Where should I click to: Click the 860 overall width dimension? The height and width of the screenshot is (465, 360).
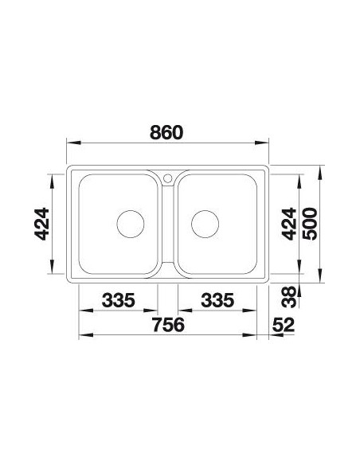click(166, 132)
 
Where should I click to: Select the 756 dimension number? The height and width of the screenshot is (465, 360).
click(168, 324)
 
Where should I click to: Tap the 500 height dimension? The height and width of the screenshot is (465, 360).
click(310, 224)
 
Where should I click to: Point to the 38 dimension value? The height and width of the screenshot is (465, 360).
click(289, 296)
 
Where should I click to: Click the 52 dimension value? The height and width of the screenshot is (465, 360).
click(284, 325)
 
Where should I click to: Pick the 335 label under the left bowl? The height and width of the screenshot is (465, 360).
click(119, 300)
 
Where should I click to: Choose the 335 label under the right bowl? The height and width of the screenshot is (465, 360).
click(217, 300)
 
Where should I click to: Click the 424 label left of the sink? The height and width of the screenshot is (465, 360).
click(41, 224)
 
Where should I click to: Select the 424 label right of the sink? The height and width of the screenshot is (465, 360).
click(289, 224)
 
